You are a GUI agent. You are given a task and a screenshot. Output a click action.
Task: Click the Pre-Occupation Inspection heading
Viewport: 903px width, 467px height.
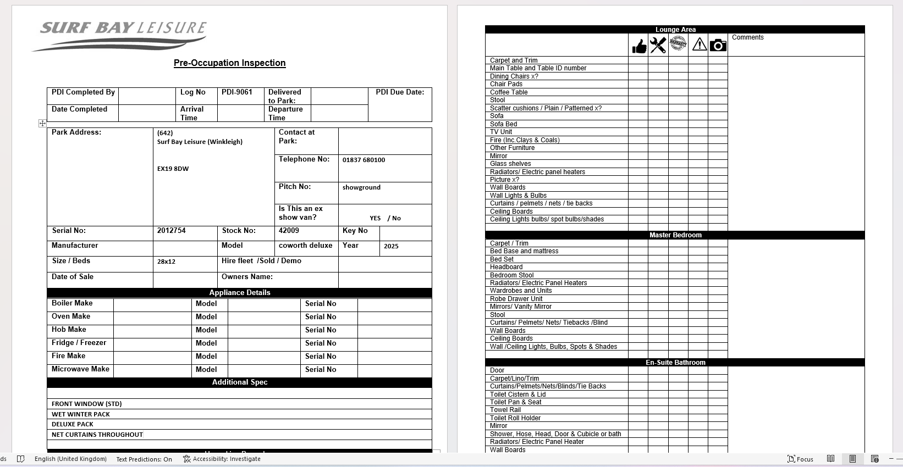229,63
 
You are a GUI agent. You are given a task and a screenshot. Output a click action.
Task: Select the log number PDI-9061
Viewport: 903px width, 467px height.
236,92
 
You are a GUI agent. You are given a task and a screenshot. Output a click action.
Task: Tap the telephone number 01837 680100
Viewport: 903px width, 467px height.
364,160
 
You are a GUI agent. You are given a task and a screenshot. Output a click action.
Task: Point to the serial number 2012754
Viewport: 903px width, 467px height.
171,231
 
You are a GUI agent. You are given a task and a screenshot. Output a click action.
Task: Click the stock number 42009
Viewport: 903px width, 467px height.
289,231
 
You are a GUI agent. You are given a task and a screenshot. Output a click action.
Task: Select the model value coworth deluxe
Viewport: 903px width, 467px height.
305,246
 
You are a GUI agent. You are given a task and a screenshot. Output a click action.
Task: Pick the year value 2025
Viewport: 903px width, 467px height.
391,246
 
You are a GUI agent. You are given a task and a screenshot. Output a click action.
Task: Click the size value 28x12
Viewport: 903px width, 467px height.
166,262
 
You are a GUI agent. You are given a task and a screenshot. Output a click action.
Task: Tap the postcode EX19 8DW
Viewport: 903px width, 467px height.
173,169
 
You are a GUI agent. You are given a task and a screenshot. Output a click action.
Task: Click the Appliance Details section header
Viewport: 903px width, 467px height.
239,292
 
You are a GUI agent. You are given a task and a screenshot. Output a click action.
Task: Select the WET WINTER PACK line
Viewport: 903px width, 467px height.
81,414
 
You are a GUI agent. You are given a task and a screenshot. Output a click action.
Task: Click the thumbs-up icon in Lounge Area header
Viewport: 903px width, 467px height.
638,46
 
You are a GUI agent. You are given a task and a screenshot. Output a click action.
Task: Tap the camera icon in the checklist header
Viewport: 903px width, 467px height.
718,45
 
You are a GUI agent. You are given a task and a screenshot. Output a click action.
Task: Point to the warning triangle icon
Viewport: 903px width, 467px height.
699,45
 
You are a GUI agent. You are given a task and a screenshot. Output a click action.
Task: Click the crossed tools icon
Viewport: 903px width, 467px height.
658,45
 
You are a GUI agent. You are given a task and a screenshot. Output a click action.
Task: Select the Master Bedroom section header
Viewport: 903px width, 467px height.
675,235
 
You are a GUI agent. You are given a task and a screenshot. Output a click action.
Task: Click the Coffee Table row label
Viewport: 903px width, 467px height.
509,92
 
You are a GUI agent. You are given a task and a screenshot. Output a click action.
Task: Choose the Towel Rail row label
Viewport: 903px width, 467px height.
505,410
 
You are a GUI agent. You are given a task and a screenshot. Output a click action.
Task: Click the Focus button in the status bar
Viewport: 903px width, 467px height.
800,459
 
